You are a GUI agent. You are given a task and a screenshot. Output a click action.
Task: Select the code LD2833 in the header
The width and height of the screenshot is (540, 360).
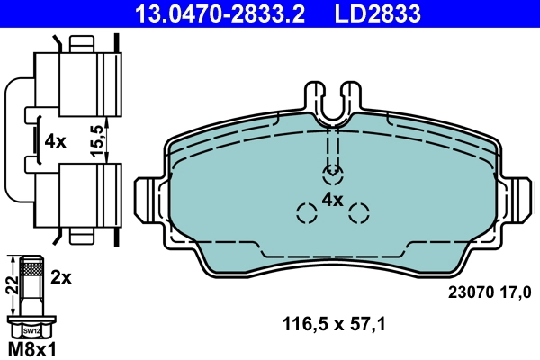pos(377,13)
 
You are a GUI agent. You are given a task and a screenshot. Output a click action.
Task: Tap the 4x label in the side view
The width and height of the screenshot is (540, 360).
pos(56,141)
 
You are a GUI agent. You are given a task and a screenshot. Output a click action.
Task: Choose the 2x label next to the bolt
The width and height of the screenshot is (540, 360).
pos(61,278)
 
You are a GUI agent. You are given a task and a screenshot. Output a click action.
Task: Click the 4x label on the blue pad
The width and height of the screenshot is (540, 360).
pos(333,199)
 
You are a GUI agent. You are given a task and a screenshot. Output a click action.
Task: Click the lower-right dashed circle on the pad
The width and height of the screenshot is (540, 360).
pos(360,213)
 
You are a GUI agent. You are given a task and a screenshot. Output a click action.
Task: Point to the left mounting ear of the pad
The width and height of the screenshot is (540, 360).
pos(147,199)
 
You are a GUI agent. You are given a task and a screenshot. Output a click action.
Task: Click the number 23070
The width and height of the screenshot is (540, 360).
pos(468,291)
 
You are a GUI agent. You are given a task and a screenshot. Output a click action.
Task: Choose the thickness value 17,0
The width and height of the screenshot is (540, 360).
pos(513,291)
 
